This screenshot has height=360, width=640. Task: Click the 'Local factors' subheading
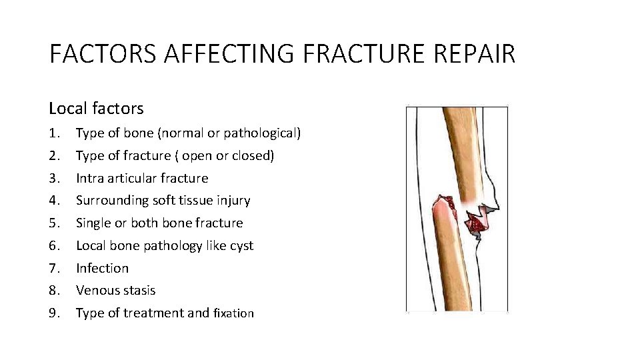coord(96,108)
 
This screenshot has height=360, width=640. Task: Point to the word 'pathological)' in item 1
coord(262,133)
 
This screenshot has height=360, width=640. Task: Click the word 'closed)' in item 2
coord(253,156)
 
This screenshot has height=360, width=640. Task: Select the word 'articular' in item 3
coord(132,179)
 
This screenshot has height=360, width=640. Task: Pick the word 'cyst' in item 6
coord(241,246)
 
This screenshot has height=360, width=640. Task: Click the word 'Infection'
coord(102,268)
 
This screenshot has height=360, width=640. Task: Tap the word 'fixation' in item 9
coord(233,313)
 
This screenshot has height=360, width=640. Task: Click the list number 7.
coord(55,268)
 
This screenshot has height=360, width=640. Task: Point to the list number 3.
coord(55,179)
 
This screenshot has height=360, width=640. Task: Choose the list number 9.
coord(55,313)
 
